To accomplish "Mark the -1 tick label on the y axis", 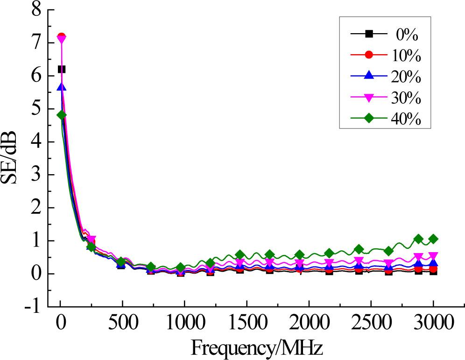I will click(x=33, y=307).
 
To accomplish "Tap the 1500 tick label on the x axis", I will click(x=246, y=323).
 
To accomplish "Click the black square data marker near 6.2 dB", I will click(x=61, y=69).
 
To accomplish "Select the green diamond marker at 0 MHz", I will click(x=61, y=115).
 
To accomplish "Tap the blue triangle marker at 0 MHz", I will click(x=61, y=87).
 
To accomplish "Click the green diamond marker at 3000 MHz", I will click(x=433, y=239).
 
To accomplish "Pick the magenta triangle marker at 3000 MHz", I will click(x=433, y=256).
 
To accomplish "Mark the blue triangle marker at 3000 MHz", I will click(x=433, y=264).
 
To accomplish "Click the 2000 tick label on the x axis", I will click(x=308, y=323).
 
